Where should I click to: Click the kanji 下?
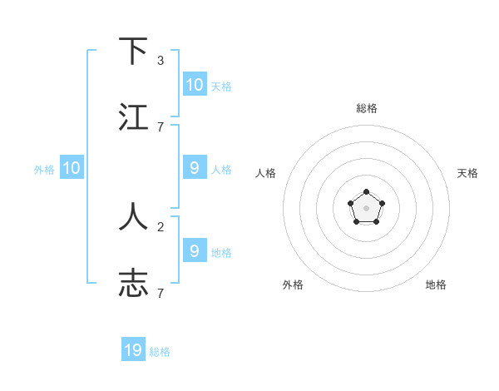pyautogui.click(x=133, y=51)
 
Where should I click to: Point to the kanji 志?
pyautogui.click(x=133, y=282)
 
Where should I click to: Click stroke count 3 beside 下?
pyautogui.click(x=160, y=61)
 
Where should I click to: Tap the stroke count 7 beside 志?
pyautogui.click(x=160, y=293)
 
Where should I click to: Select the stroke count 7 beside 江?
pyautogui.click(x=160, y=126)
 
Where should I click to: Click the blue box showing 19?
pyautogui.click(x=133, y=350)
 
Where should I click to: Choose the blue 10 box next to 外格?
pyautogui.click(x=72, y=169)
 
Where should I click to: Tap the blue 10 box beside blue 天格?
pyautogui.click(x=195, y=85)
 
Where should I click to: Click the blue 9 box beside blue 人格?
pyautogui.click(x=195, y=168)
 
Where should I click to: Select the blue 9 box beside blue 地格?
pyautogui.click(x=195, y=250)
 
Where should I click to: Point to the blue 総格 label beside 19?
pyautogui.click(x=160, y=352)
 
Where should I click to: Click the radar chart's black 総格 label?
pyautogui.click(x=367, y=108)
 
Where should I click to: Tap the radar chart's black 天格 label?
pyautogui.click(x=468, y=173)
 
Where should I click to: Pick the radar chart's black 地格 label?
pyautogui.click(x=436, y=285)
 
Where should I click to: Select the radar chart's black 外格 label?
pyautogui.click(x=293, y=285)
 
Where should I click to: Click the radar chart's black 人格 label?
pyautogui.click(x=266, y=173)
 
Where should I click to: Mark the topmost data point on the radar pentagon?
pyautogui.click(x=366, y=193)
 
